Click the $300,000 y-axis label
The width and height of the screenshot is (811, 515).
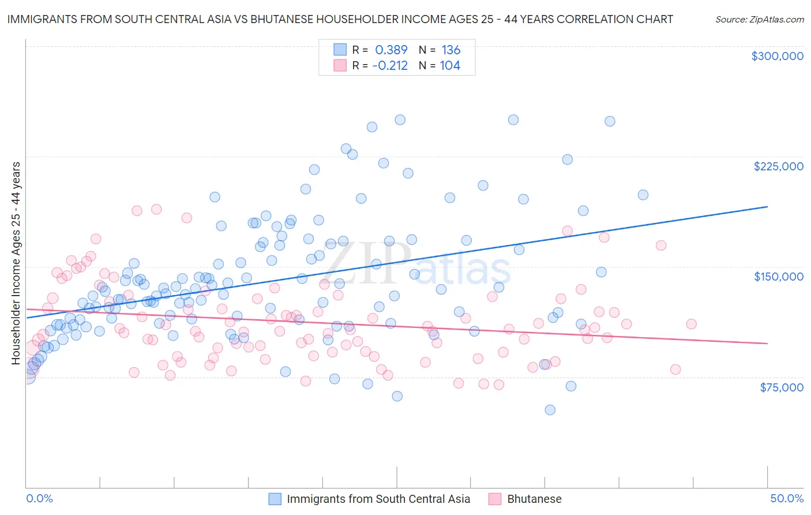777,56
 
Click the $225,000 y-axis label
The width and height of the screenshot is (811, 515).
778,166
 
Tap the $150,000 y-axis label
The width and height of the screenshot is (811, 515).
778,277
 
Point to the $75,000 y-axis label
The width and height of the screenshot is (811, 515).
781,387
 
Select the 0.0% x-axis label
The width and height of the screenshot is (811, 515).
39,498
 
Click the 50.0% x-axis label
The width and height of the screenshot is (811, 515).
787,498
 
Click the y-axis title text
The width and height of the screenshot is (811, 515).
16,263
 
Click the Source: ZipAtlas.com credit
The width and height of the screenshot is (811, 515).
759,19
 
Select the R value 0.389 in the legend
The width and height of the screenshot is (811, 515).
391,50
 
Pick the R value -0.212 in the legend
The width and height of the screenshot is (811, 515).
390,66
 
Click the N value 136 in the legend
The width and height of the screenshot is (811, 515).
450,50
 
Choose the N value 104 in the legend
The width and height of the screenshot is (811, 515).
450,66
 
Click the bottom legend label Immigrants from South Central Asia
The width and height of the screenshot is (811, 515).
378,499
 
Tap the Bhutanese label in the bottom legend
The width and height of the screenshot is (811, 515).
534,499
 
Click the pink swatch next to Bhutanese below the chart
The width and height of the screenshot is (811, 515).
495,499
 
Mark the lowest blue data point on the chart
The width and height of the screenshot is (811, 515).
550,410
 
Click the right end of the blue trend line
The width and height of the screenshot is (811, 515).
767,206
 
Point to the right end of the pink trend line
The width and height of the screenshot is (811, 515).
767,344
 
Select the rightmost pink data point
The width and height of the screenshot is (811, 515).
691,324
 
